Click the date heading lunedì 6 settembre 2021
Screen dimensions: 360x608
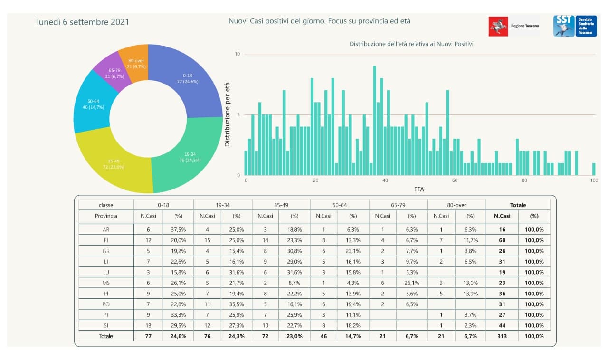click(x=83, y=22)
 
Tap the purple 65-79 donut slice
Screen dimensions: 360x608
click(x=114, y=74)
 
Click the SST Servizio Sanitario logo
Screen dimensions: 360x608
click(x=575, y=26)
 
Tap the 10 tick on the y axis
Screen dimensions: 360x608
click(x=237, y=54)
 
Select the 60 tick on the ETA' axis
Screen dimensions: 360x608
click(x=454, y=181)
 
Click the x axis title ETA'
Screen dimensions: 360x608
click(x=419, y=189)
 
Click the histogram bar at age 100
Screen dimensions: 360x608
click(x=593, y=169)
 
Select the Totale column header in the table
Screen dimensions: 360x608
click(x=518, y=205)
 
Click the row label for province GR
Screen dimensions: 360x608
click(x=106, y=251)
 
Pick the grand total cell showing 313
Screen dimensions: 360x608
click(x=502, y=336)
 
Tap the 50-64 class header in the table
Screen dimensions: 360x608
click(x=340, y=205)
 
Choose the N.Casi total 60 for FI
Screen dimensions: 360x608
click(x=502, y=240)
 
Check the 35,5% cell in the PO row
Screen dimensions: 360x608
click(x=237, y=304)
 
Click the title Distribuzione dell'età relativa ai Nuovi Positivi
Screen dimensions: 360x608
click(x=411, y=44)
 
